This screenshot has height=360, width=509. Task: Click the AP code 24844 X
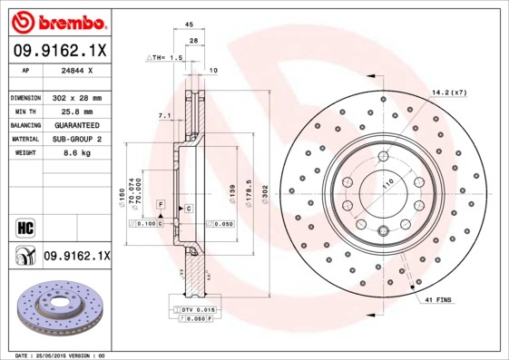pyautogui.click(x=75, y=70)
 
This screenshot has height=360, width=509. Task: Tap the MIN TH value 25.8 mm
pyautogui.click(x=74, y=111)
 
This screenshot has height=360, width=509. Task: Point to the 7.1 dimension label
pyautogui.click(x=163, y=116)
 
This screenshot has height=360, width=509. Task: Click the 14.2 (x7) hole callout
pyautogui.click(x=448, y=92)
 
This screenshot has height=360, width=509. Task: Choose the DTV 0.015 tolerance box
pyautogui.click(x=192, y=311)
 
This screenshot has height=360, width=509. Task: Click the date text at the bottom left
pyautogui.click(x=55, y=355)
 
